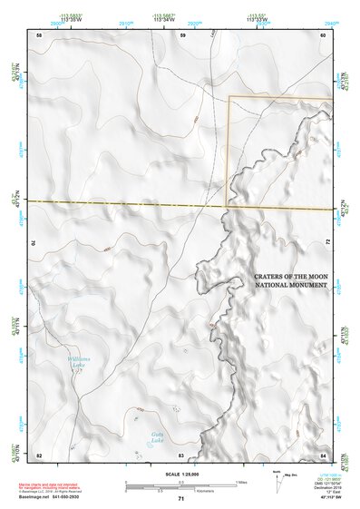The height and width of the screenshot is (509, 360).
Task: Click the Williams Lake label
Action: tap(80, 362)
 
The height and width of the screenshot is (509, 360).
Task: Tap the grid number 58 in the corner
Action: tap(39, 34)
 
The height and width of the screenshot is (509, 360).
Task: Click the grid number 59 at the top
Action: tap(182, 34)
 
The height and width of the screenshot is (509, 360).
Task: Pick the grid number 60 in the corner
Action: tap(323, 34)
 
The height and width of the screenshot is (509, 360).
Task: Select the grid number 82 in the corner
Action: tap(39, 454)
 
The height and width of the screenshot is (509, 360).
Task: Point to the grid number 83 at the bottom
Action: tap(181, 454)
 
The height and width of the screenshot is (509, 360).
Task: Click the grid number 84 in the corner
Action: tap(323, 454)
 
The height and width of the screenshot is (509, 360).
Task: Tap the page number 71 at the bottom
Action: tap(180, 499)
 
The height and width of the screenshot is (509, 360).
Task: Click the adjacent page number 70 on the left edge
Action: tap(34, 243)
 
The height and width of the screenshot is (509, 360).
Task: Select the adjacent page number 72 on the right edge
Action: tap(327, 243)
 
